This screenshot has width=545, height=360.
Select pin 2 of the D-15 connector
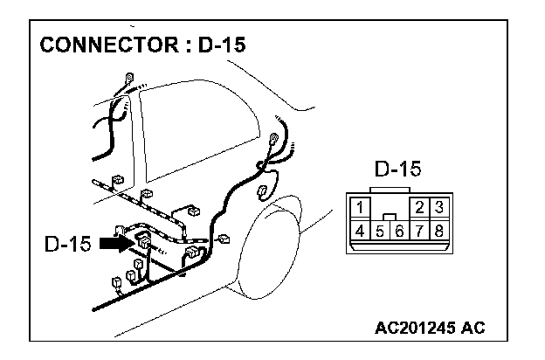[x=420, y=209]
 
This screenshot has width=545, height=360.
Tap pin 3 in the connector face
[x=439, y=209]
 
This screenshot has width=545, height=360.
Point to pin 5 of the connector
[x=380, y=232]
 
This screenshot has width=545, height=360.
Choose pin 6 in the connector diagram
[x=399, y=232]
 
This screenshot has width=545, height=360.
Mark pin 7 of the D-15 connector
[x=419, y=232]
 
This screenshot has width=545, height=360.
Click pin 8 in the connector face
[x=439, y=232]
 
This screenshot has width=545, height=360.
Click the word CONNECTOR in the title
[x=100, y=45]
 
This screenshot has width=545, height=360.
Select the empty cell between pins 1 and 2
[x=390, y=207]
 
